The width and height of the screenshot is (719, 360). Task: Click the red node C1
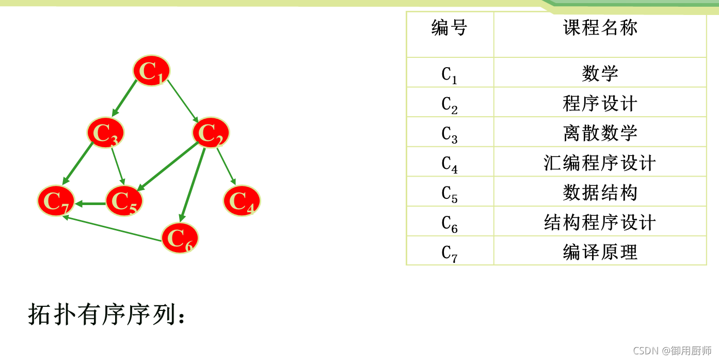[151, 71]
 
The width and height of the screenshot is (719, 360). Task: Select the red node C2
[211, 133]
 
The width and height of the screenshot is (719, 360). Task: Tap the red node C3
[106, 133]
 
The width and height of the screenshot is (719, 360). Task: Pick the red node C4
[242, 200]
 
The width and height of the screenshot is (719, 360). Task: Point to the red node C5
[124, 200]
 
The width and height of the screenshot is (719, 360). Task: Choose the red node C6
[180, 238]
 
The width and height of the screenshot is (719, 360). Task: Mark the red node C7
[56, 200]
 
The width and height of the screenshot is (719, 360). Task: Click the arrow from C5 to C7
[91, 204]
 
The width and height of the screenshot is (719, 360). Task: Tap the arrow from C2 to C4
[226, 166]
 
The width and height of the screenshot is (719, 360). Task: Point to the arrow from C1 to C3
[124, 98]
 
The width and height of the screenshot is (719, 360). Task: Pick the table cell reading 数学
[600, 73]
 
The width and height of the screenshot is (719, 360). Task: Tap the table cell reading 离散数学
[600, 133]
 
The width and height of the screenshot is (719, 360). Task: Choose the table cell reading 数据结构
[600, 193]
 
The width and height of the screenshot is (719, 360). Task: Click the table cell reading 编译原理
[600, 252]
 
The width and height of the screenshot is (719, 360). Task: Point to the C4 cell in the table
[450, 163]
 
